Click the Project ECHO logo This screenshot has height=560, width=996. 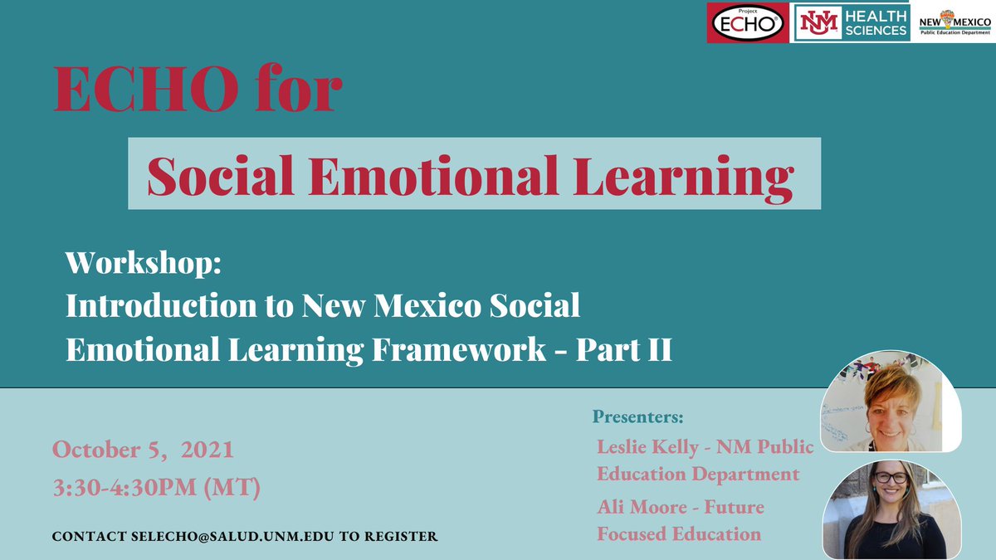tap(747, 22)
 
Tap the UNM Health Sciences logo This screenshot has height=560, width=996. tap(852, 22)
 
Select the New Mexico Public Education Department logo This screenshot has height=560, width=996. tap(956, 22)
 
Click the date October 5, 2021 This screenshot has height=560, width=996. tap(143, 450)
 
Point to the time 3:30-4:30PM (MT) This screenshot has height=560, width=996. tap(156, 486)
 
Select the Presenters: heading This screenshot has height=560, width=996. tap(638, 416)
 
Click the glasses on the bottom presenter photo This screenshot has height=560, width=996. tap(891, 477)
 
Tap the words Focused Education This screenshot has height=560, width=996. tap(679, 533)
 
